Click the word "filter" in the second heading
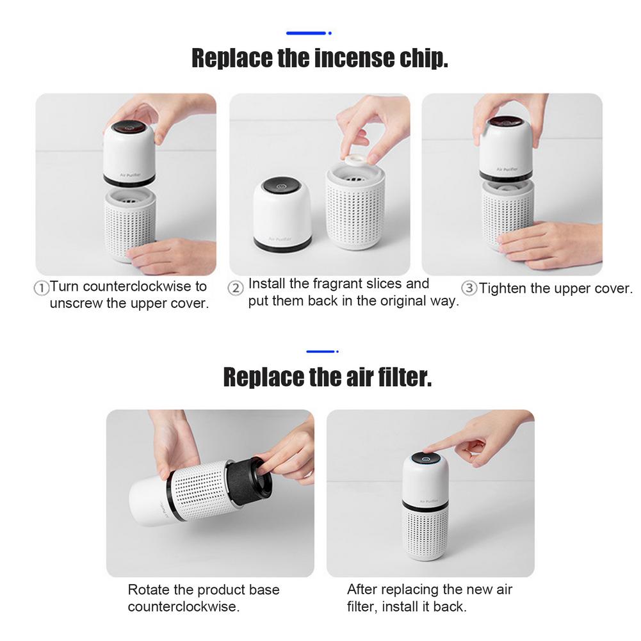click(401, 378)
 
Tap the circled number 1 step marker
click(41, 288)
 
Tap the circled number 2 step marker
click(236, 288)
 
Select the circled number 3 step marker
click(469, 288)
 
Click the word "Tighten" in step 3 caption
click(506, 289)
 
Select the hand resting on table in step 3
click(548, 244)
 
